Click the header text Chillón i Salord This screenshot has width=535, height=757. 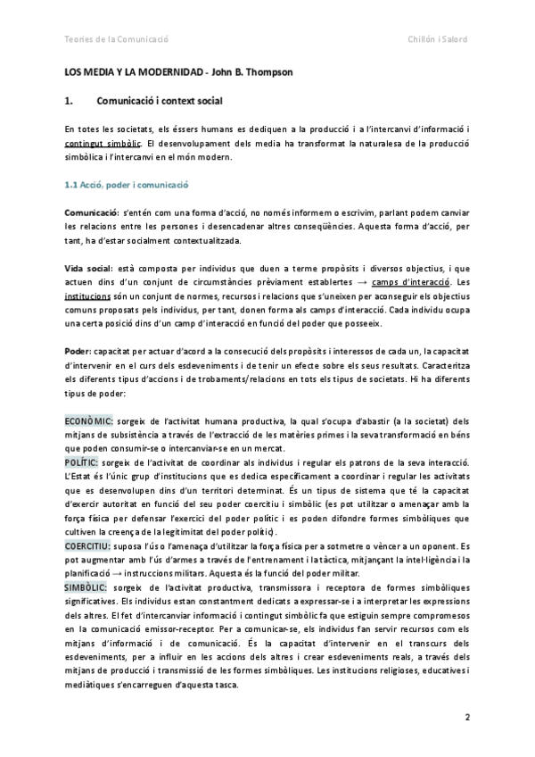pos(438,39)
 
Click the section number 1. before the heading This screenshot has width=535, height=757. pos(71,101)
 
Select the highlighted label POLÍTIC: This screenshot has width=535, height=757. pos(82,462)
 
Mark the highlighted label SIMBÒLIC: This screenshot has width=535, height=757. pos(86,587)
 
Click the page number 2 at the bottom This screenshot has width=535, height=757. pos(466,718)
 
